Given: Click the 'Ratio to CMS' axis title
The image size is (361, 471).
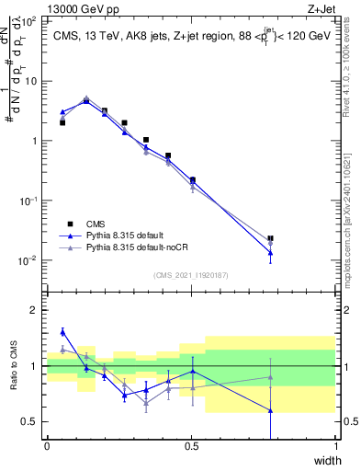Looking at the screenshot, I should [x=14, y=365].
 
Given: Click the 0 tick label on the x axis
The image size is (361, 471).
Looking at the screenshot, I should [x=47, y=447].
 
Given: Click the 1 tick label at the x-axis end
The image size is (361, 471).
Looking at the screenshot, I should [x=335, y=447].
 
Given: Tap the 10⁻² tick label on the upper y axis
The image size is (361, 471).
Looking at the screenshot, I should [x=28, y=260].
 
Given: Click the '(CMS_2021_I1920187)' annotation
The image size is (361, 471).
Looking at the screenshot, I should [x=190, y=275].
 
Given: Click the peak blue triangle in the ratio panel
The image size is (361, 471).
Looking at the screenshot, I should [x=62, y=332].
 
